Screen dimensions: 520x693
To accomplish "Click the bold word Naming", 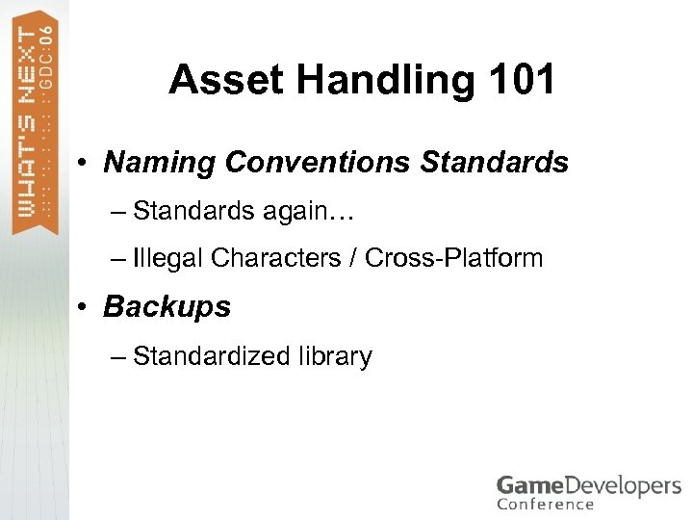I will click(x=160, y=163).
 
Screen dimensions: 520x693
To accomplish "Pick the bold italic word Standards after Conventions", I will click(x=495, y=163).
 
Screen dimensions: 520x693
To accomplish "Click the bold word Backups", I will click(x=167, y=307).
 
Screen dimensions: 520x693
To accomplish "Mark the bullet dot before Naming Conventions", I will click(x=85, y=164).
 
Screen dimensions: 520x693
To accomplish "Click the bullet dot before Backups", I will click(x=85, y=308).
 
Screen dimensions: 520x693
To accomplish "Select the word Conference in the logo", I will click(x=545, y=505).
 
